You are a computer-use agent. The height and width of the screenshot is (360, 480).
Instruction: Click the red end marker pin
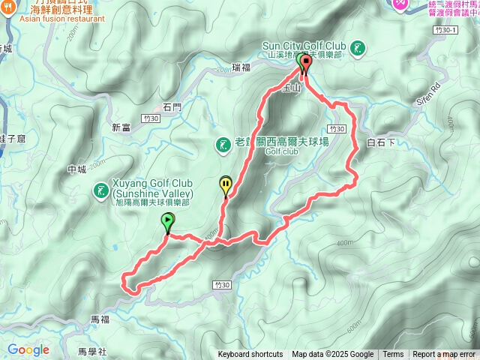(305, 65)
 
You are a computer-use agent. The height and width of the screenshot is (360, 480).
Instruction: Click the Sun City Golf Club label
(314, 44)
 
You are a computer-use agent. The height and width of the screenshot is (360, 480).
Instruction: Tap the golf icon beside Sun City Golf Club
(359, 47)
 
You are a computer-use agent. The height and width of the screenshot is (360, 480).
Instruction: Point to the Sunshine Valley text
(150, 193)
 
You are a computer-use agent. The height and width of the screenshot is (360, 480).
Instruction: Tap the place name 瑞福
(241, 68)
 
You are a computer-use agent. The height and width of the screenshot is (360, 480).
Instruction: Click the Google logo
(28, 349)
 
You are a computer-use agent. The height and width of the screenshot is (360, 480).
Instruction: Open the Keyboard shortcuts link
(250, 355)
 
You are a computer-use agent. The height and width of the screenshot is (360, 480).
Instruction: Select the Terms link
(393, 355)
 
